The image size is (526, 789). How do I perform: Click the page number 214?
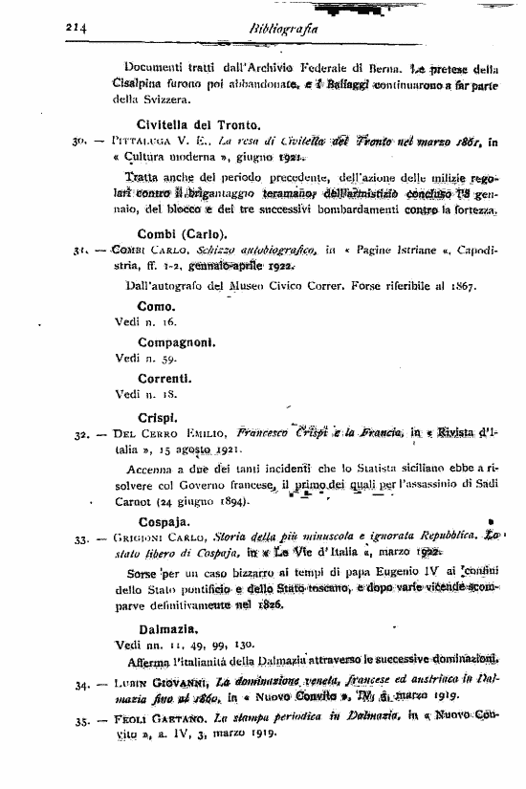[x=77, y=29]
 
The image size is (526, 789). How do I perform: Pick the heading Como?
[x=156, y=306]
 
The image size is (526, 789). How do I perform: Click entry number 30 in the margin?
[x=81, y=142]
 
